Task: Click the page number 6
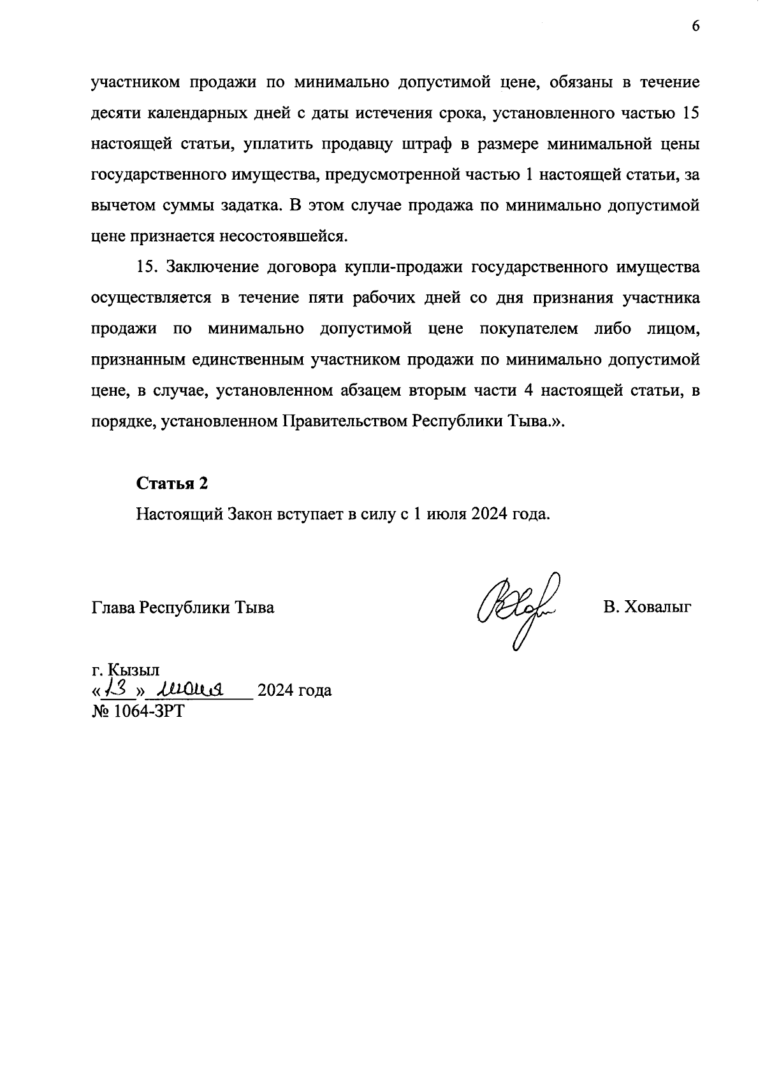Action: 696,26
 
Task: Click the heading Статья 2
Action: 172,484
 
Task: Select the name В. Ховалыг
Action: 647,607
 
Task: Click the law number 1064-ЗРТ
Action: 138,710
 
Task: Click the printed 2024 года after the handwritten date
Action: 294,690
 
